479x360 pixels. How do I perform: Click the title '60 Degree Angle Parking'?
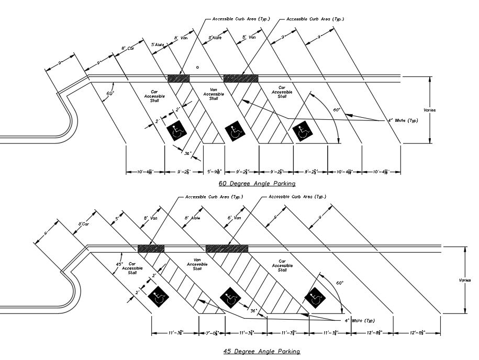[x=257, y=184]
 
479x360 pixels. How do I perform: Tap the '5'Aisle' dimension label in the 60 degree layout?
[x=158, y=44]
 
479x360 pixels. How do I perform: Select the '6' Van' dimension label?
[x=233, y=217]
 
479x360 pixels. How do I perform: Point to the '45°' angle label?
[x=119, y=264]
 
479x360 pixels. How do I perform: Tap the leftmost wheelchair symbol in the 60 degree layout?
[x=176, y=131]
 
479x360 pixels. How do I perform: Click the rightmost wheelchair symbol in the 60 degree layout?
[x=303, y=131]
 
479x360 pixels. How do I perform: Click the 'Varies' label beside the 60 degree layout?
[x=429, y=110]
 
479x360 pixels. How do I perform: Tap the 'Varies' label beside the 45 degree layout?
[x=465, y=280]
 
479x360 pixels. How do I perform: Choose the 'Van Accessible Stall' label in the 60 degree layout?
[x=213, y=94]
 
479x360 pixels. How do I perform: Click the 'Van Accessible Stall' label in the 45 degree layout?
[x=197, y=264]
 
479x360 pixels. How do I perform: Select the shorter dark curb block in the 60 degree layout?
[x=178, y=78]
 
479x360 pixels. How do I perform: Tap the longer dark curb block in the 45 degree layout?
[x=227, y=248]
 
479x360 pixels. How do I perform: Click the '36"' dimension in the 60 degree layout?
[x=188, y=153]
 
